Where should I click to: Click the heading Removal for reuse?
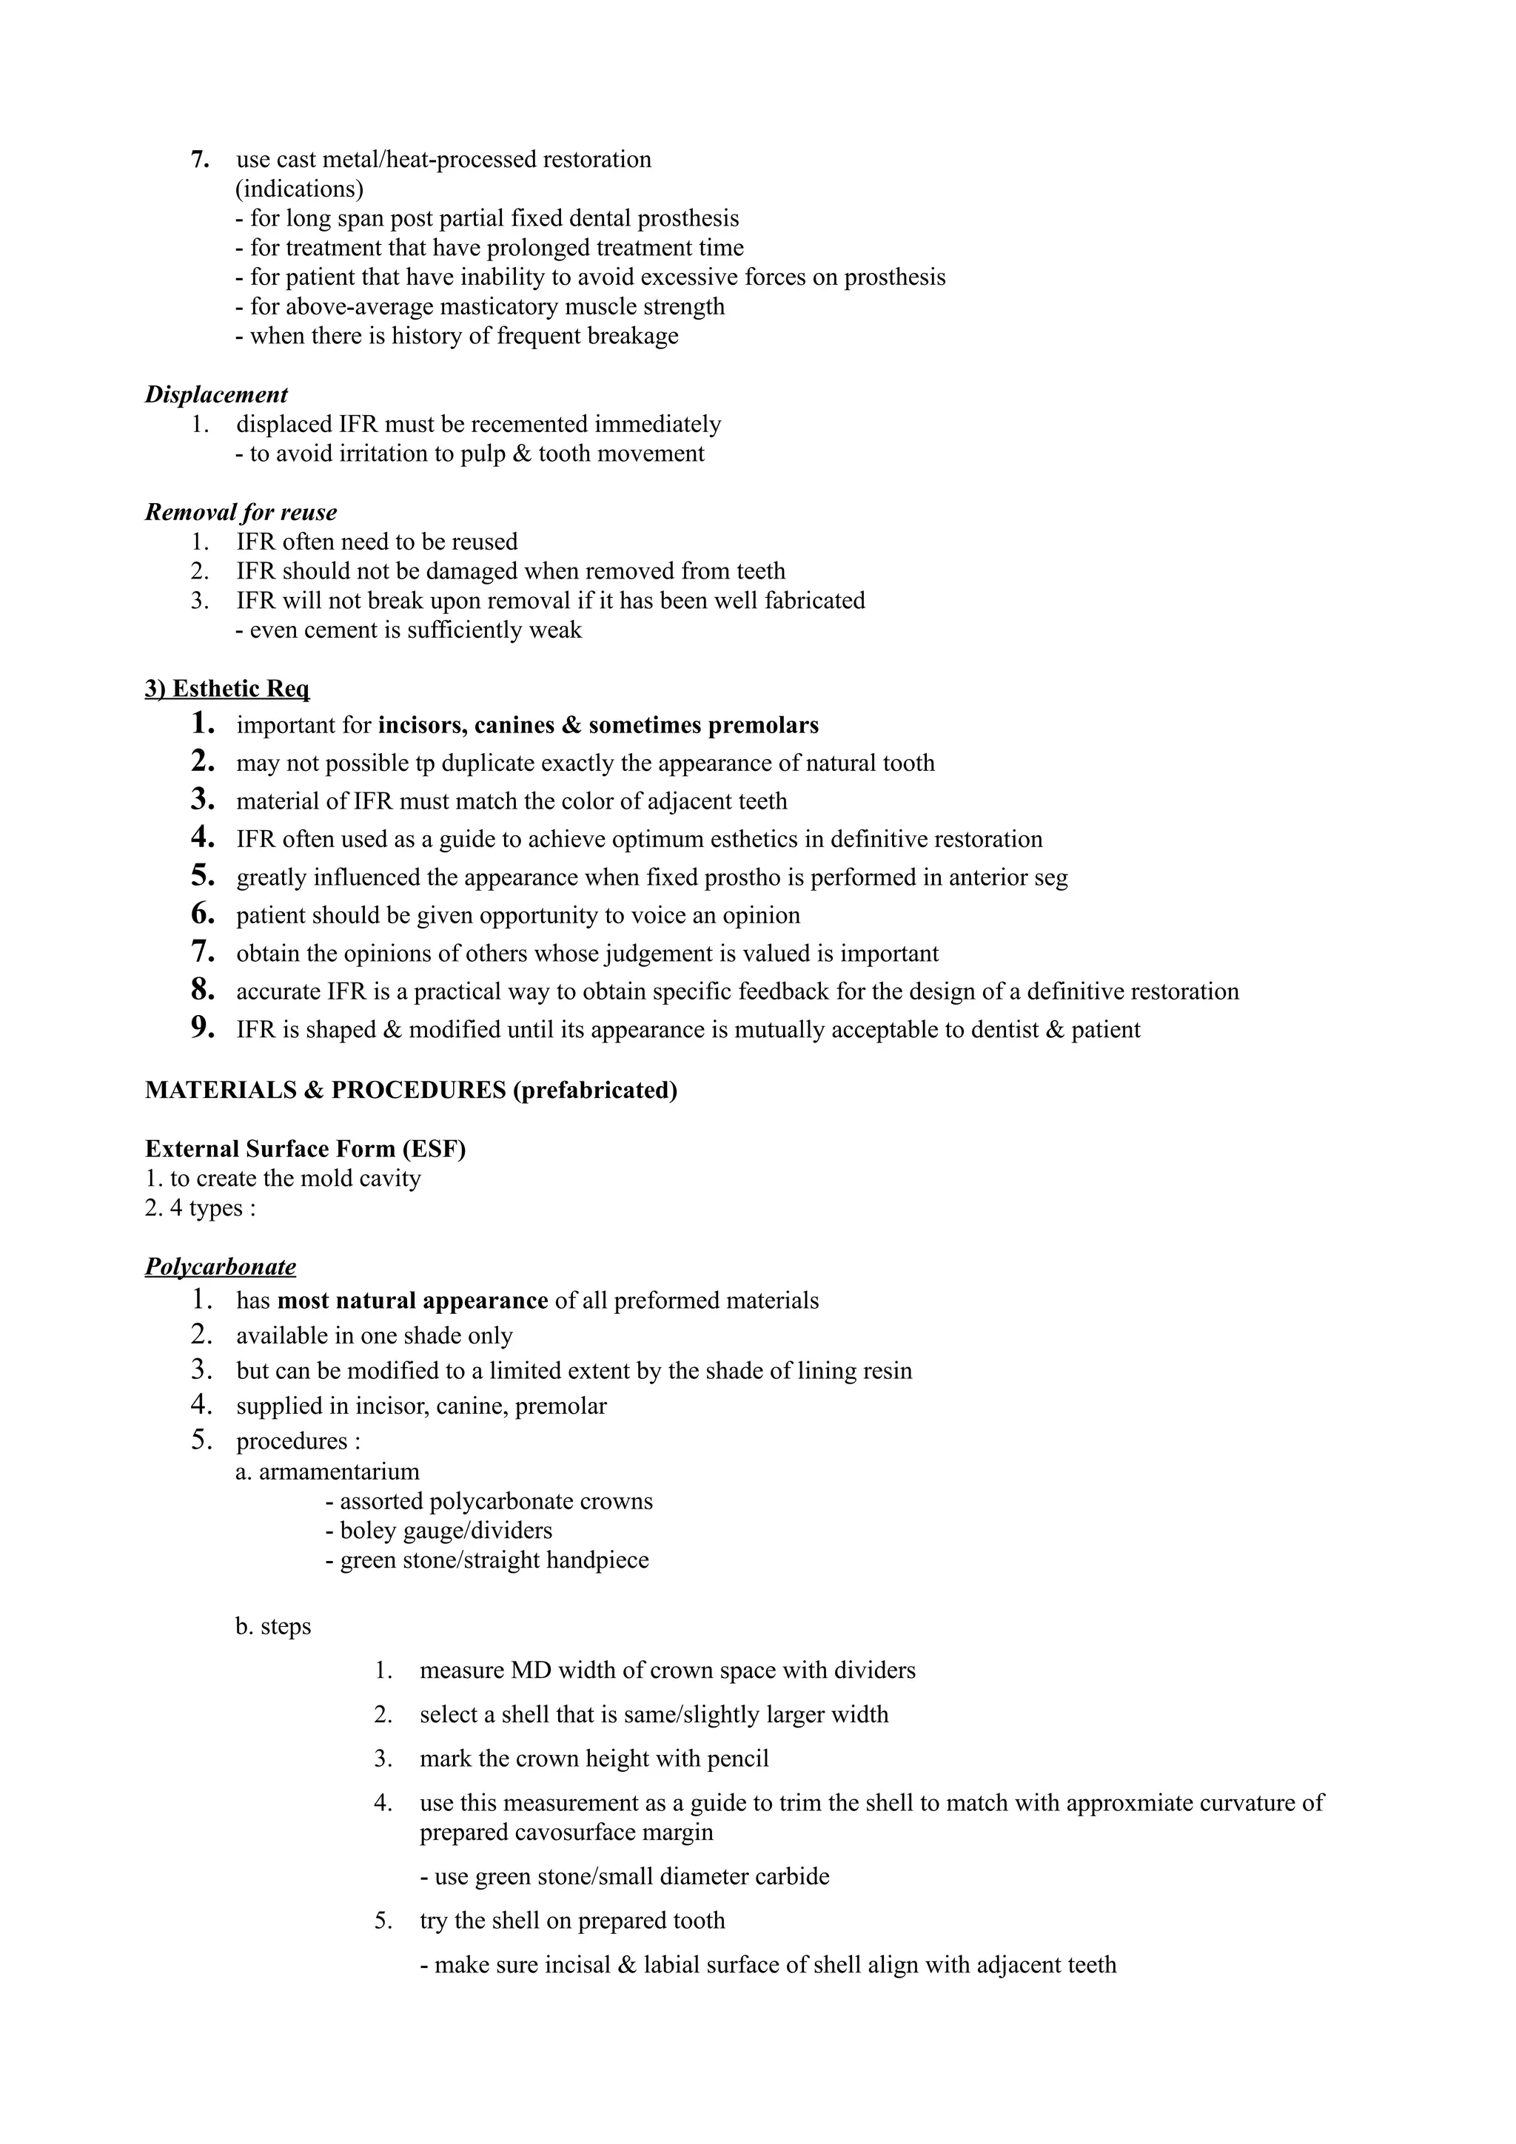(x=241, y=513)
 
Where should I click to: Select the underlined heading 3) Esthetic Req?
(x=227, y=690)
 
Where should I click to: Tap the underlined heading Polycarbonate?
(x=221, y=1267)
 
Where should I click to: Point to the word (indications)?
(x=299, y=189)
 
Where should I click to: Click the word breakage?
(x=634, y=336)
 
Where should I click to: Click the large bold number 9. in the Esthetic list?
(x=203, y=1028)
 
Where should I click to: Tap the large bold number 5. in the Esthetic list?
(x=203, y=876)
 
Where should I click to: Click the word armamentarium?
(x=339, y=1472)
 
